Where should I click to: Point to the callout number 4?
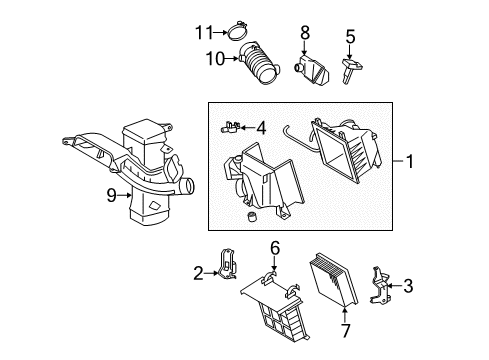(261, 127)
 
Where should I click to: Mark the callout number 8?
(305, 36)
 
